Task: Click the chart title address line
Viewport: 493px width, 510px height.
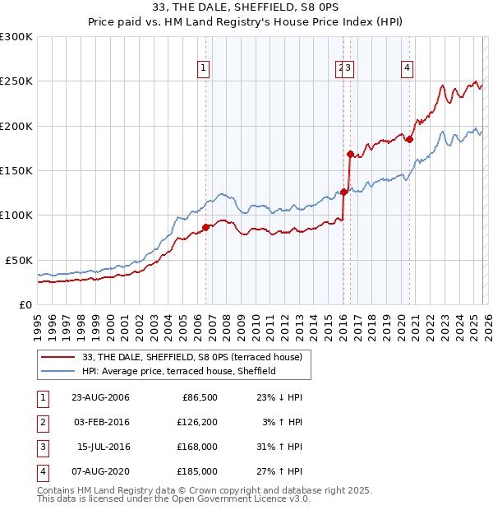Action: [x=246, y=7]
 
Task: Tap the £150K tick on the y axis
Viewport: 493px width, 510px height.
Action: [x=16, y=170]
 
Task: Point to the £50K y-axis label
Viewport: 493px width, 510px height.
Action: [x=19, y=259]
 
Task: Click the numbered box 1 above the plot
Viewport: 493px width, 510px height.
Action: [x=203, y=68]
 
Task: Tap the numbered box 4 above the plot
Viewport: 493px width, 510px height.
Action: [x=407, y=68]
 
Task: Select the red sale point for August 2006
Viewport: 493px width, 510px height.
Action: [x=206, y=227]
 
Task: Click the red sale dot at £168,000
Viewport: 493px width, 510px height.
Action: [x=350, y=154]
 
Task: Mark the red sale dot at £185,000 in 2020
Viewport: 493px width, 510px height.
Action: [x=409, y=139]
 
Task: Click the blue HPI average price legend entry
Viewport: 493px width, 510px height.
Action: [x=179, y=371]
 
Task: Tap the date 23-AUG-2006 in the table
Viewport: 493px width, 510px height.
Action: [x=100, y=397]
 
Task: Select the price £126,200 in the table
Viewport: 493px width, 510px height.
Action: [x=197, y=422]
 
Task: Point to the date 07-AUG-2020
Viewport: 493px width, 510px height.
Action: [x=100, y=471]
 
